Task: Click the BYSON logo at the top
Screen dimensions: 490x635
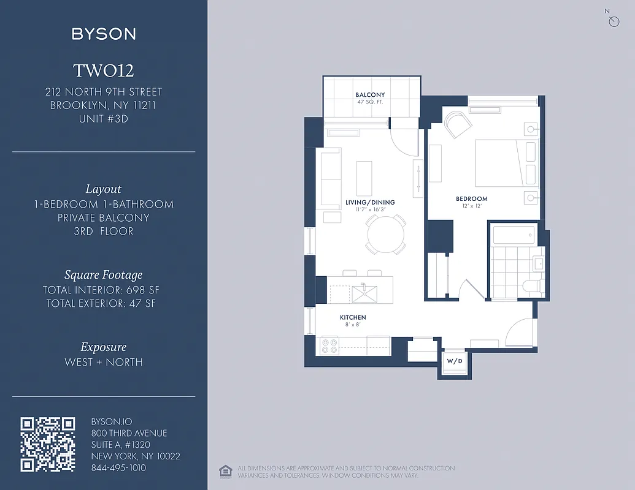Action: click(x=104, y=34)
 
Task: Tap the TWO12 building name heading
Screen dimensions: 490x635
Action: click(x=104, y=71)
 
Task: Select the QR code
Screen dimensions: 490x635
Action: click(x=48, y=444)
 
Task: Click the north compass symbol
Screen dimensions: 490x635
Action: click(x=614, y=21)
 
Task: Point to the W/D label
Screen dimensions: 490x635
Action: click(x=454, y=361)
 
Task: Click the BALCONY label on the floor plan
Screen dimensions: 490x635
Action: click(x=370, y=95)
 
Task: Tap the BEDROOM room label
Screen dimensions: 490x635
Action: click(x=471, y=198)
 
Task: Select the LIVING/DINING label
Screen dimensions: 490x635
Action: click(x=370, y=202)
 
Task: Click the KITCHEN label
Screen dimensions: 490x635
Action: click(x=353, y=317)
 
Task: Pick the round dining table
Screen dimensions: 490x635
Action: click(x=386, y=234)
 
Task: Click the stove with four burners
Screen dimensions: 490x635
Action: click(x=329, y=346)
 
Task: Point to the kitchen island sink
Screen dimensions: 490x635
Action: click(x=364, y=293)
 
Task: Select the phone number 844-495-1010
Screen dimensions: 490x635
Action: click(x=118, y=467)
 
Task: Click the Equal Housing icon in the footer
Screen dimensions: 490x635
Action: click(x=224, y=471)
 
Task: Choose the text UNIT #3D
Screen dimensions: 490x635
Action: click(x=104, y=119)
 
